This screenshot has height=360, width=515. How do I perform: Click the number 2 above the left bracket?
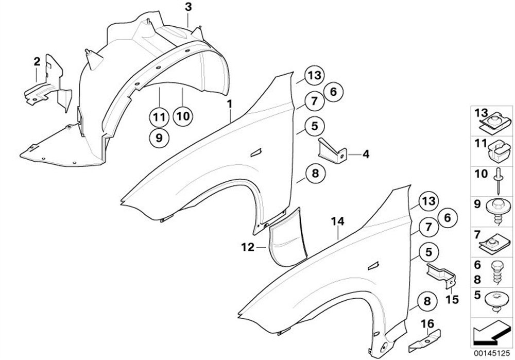[37, 62]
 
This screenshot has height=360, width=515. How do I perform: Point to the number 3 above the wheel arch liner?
[188, 7]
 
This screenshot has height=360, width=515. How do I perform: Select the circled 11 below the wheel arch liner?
[160, 117]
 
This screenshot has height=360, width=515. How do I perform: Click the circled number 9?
[160, 138]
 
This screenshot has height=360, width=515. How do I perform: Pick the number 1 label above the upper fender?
[230, 105]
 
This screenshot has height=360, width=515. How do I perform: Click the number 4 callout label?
[366, 153]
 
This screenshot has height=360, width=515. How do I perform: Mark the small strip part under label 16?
[425, 340]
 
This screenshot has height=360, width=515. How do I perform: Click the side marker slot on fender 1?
[255, 153]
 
